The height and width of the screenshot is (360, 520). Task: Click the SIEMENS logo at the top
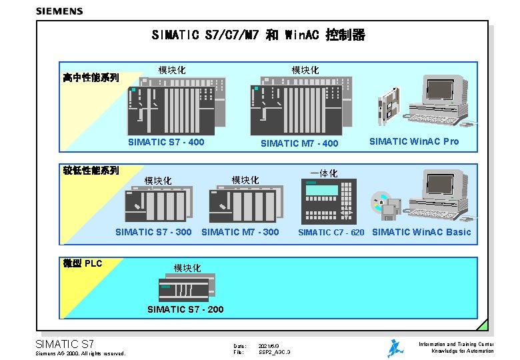point(59,11)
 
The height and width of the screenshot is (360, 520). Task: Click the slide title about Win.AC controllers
point(259,35)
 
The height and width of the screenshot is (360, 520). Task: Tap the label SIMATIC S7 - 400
point(166,142)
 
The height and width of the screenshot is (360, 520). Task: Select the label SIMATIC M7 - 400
point(299,143)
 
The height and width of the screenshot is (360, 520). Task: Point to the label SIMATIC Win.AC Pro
point(414,141)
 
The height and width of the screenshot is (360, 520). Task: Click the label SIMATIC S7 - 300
point(153,232)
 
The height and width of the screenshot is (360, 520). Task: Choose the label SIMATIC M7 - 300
point(240,232)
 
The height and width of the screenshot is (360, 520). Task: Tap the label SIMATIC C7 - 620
point(331,233)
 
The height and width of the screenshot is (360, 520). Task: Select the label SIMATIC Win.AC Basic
point(421,232)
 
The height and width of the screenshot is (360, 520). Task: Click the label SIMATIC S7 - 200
point(185,309)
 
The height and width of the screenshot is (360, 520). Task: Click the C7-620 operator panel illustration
point(329,201)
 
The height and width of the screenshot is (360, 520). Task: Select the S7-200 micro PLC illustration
point(187,288)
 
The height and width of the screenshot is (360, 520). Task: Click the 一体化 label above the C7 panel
point(324,173)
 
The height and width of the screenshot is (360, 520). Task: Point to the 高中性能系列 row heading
point(91,78)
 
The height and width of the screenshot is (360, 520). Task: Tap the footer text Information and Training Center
point(456,344)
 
